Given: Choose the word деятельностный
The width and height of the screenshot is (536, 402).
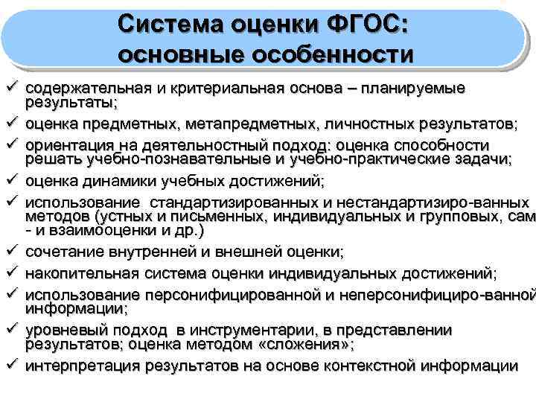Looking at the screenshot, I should pyautogui.click(x=191, y=144).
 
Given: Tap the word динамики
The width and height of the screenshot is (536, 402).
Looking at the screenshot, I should pyautogui.click(x=103, y=180).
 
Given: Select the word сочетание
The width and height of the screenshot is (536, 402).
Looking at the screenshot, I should pyautogui.click(x=63, y=252).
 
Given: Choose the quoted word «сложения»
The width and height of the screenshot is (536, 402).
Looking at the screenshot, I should pyautogui.click(x=312, y=345).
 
